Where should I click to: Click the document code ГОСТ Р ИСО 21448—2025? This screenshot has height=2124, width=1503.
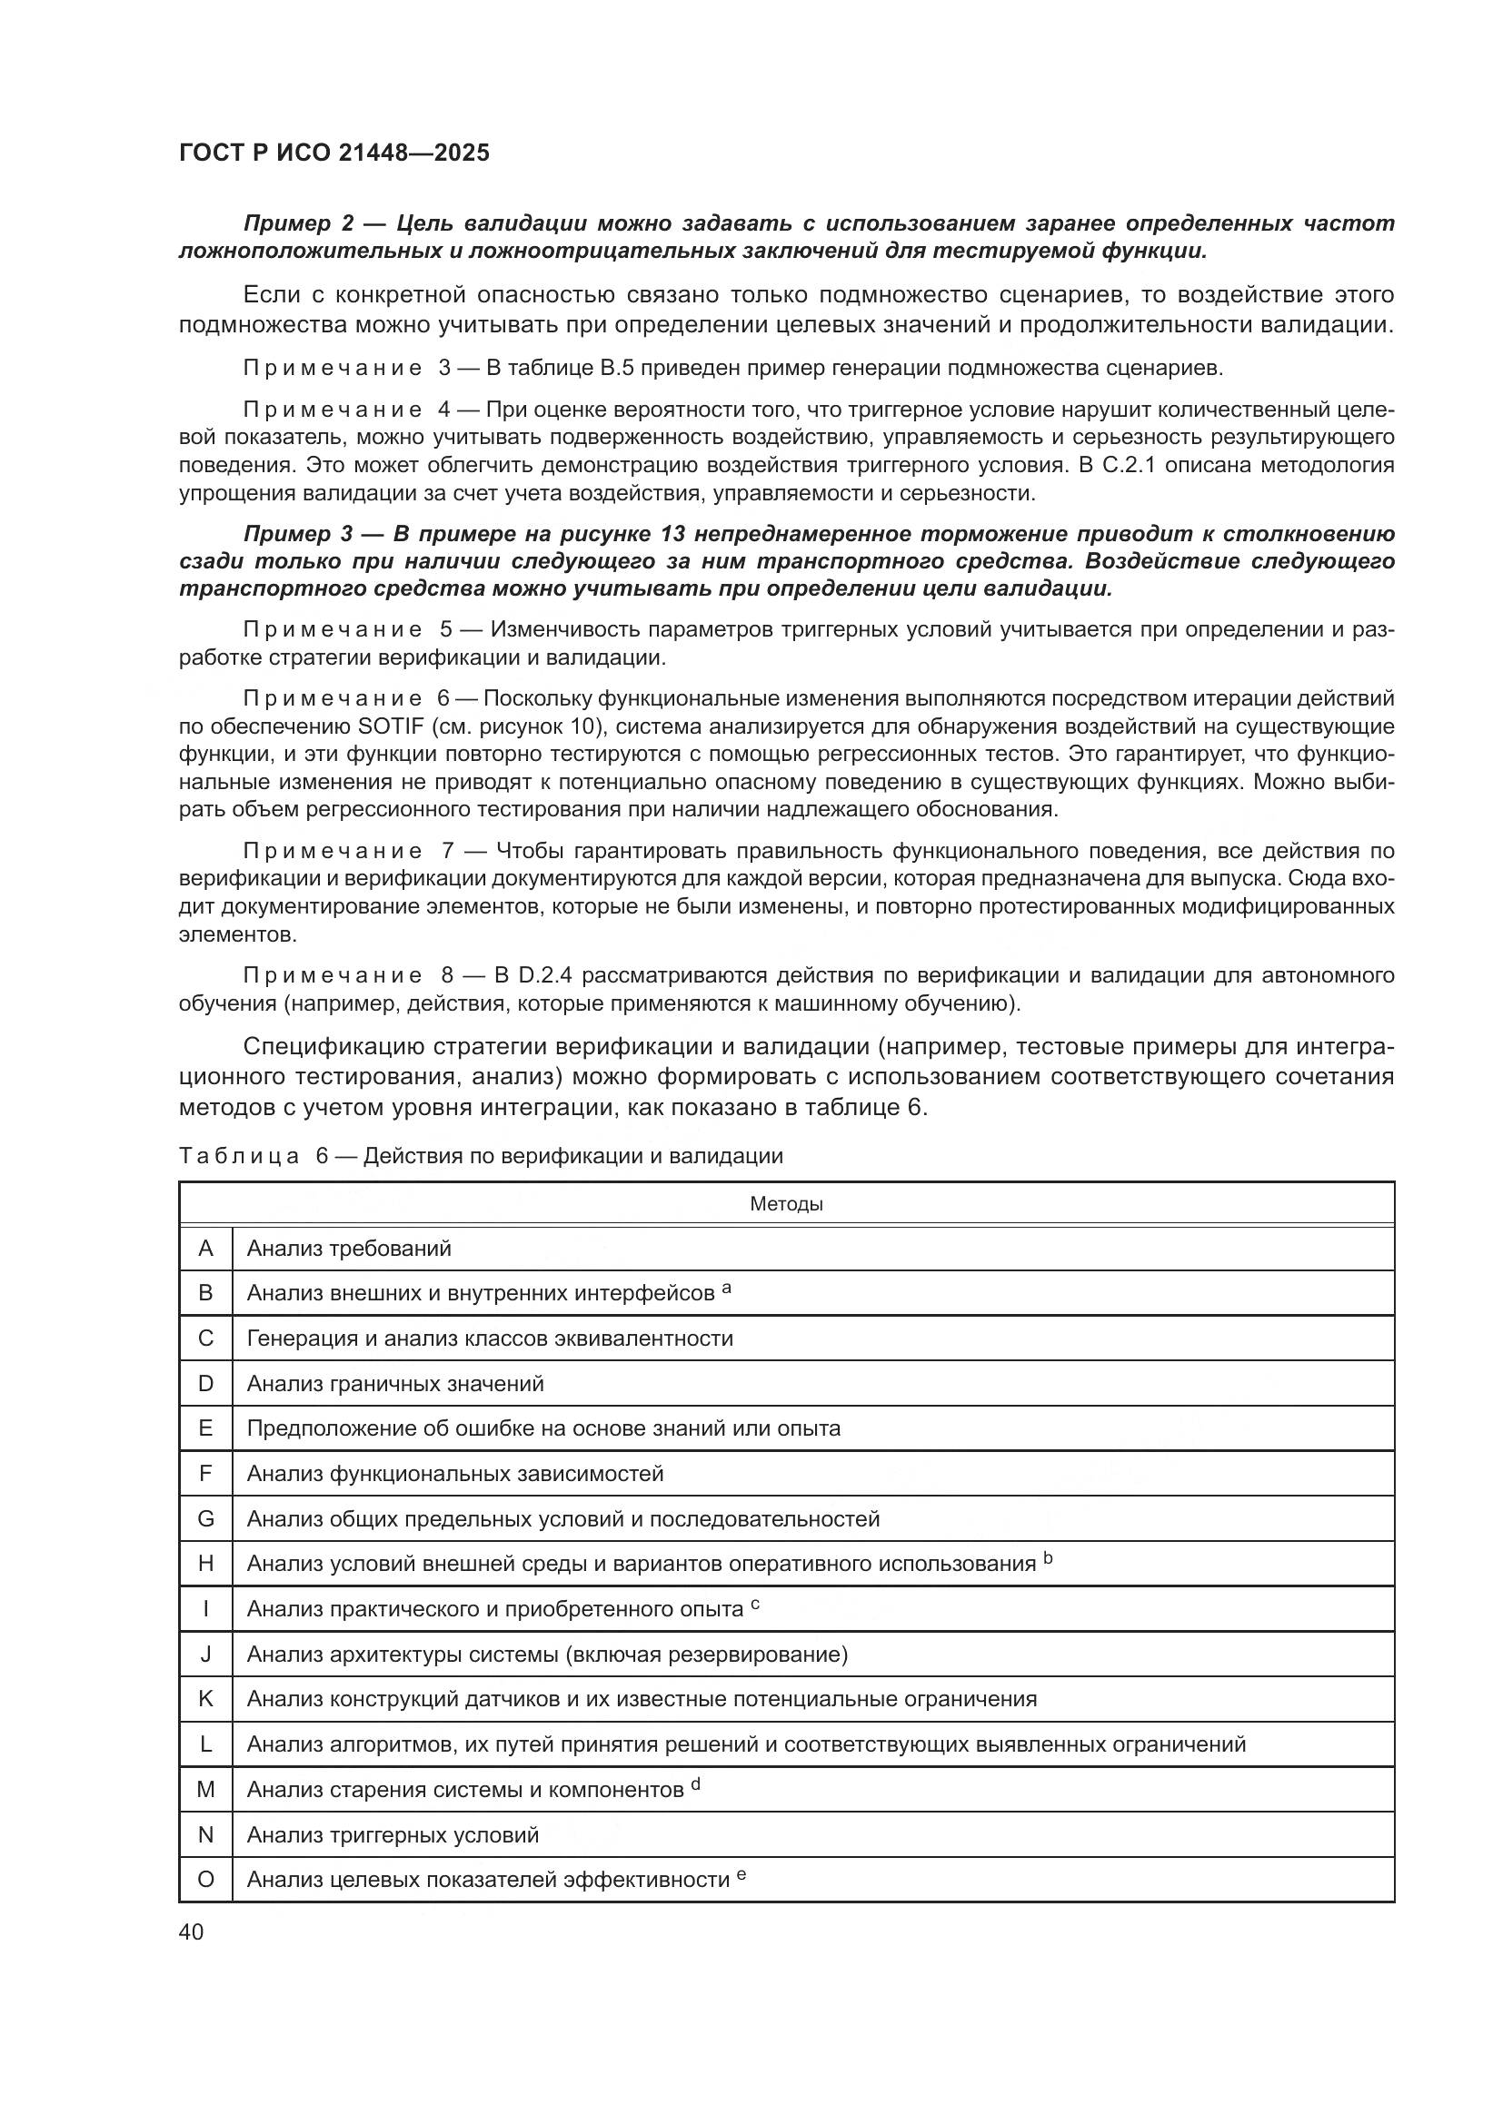click(x=334, y=153)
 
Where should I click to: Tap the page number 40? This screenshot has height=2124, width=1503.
click(x=191, y=1931)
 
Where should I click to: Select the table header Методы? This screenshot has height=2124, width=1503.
click(x=786, y=1203)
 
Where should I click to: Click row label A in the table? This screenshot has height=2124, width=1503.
click(x=205, y=1249)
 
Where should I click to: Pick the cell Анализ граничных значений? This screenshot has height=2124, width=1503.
click(x=395, y=1384)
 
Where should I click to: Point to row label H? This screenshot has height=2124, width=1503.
click(x=205, y=1564)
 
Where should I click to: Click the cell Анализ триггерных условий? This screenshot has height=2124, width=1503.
click(x=393, y=1834)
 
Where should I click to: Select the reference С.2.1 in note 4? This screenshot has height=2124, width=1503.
click(x=1125, y=464)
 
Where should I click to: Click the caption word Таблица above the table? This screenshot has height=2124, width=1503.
click(x=239, y=1156)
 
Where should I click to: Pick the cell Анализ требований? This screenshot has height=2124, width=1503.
click(x=349, y=1249)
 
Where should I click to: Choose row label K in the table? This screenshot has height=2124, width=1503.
click(x=205, y=1698)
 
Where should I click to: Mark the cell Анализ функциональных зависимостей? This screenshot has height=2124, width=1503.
click(x=455, y=1474)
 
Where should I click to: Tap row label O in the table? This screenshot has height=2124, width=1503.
click(x=205, y=1879)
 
